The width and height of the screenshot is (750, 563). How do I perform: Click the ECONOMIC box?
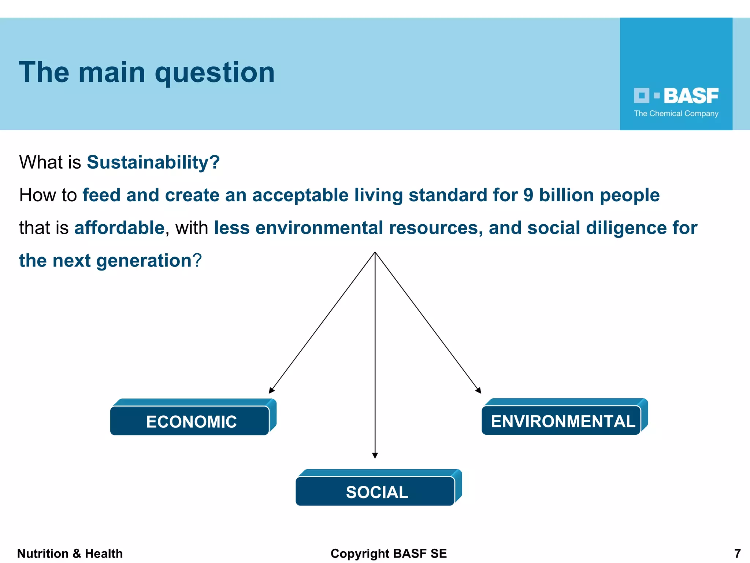pyautogui.click(x=191, y=421)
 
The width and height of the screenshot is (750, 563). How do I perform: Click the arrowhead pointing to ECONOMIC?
pyautogui.click(x=271, y=390)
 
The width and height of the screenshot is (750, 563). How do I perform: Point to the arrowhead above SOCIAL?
pyautogui.click(x=375, y=455)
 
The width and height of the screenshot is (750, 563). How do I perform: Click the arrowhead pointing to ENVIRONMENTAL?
pyautogui.click(x=478, y=390)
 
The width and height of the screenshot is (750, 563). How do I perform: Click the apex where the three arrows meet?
pyautogui.click(x=375, y=253)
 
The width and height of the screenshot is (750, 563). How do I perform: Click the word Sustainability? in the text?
pyautogui.click(x=153, y=162)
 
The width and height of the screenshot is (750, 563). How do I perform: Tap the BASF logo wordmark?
pyautogui.click(x=691, y=96)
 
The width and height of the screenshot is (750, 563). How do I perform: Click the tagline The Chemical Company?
pyautogui.click(x=676, y=114)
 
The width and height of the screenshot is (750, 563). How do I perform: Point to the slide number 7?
pyautogui.click(x=738, y=553)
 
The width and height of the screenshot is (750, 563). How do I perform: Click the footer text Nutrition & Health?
pyautogui.click(x=70, y=553)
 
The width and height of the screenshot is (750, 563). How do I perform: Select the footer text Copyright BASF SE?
pyautogui.click(x=389, y=553)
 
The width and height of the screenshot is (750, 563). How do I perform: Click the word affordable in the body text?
pyautogui.click(x=119, y=228)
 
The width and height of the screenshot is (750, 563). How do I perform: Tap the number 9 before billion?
pyautogui.click(x=528, y=195)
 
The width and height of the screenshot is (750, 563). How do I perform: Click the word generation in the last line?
pyautogui.click(x=144, y=261)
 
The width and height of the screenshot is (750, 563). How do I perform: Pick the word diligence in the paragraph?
pyautogui.click(x=626, y=228)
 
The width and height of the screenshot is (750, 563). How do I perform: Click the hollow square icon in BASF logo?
pyautogui.click(x=641, y=96)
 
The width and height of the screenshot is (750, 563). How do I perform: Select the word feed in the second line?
pyautogui.click(x=101, y=195)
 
